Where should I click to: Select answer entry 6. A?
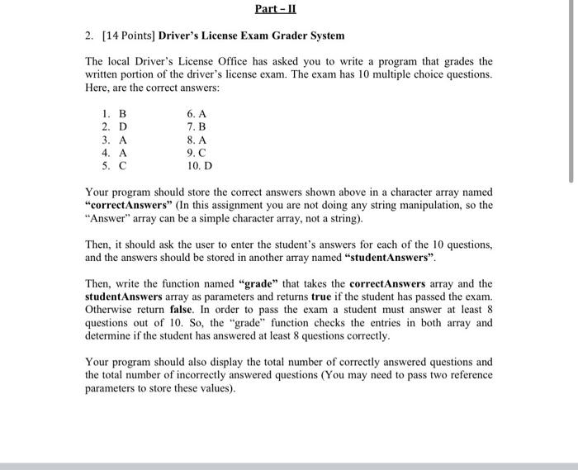point(196,113)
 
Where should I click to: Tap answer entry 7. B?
point(196,126)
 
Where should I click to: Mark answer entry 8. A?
point(196,140)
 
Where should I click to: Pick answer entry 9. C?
point(196,153)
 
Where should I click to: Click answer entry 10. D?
point(199,166)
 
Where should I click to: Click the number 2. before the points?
point(89,36)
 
